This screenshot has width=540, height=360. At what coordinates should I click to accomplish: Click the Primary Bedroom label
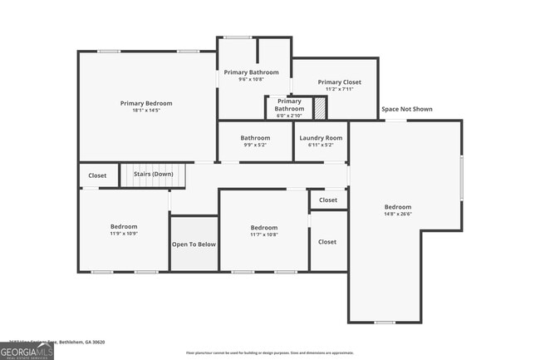click(x=146, y=103)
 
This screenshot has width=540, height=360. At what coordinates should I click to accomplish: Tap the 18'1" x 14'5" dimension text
click(x=146, y=110)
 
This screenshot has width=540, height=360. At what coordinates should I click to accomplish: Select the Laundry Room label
click(x=321, y=138)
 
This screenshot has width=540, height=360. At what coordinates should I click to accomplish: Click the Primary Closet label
click(x=340, y=82)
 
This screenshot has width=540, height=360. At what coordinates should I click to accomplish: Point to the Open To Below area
click(x=194, y=244)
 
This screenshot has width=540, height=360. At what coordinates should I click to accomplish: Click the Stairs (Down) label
click(x=154, y=175)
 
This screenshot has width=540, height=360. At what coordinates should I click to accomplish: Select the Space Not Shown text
click(x=406, y=109)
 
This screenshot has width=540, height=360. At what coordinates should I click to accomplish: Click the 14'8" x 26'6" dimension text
click(x=397, y=214)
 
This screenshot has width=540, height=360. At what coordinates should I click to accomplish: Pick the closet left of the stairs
click(x=97, y=175)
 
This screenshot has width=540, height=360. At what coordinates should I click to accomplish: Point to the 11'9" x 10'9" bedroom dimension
click(x=124, y=234)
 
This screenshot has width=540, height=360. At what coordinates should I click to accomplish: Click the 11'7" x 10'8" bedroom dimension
click(x=264, y=234)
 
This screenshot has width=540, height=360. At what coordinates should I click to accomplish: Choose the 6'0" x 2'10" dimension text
click(x=289, y=116)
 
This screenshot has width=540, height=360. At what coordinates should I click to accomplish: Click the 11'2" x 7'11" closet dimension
click(x=340, y=89)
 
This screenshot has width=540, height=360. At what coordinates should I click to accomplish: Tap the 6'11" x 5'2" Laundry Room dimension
click(x=321, y=145)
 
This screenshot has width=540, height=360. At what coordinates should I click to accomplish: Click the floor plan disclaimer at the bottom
click(x=270, y=353)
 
